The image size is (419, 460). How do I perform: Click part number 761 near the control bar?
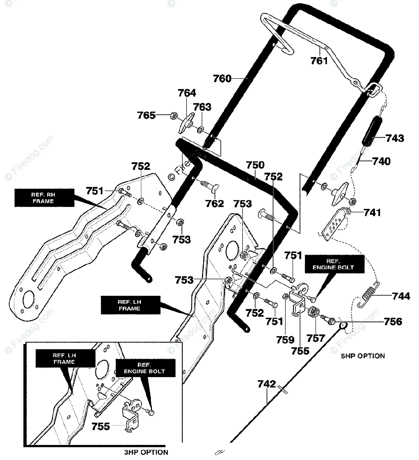(x=319, y=61)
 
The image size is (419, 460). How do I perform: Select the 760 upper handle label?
(x=222, y=79)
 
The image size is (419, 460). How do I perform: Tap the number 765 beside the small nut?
(x=146, y=115)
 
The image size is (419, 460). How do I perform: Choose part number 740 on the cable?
(x=381, y=162)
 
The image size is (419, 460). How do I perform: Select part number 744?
(x=401, y=296)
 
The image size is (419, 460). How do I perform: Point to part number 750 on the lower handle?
(x=255, y=165)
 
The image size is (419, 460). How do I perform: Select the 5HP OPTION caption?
(x=363, y=356)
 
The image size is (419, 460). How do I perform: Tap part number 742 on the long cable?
(x=267, y=384)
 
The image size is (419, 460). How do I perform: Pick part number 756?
(x=393, y=322)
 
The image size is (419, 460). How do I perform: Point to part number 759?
(x=285, y=340)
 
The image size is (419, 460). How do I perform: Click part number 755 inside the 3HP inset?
(x=101, y=427)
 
